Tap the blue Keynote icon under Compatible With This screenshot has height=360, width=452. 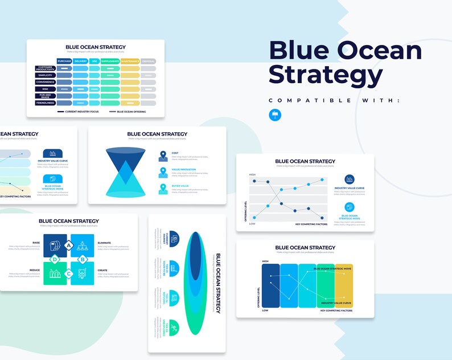pyautogui.click(x=274, y=114)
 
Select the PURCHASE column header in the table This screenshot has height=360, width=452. pyautogui.click(x=64, y=61)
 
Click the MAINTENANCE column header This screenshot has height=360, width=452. pyautogui.click(x=129, y=61)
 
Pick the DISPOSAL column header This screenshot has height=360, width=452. pyautogui.click(x=148, y=61)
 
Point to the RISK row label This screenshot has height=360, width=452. pyautogui.click(x=45, y=89)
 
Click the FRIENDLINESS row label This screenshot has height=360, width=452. pyautogui.click(x=45, y=103)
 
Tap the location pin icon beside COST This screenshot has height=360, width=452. pyautogui.click(x=163, y=156)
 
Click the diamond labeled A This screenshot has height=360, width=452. pyautogui.click(x=69, y=245)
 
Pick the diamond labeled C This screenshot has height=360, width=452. pyautogui.click(x=69, y=274)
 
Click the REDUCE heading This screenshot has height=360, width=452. pyautogui.click(x=35, y=270)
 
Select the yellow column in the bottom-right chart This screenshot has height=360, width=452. pyautogui.click(x=344, y=285)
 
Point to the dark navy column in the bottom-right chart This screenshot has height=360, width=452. pyautogui.click(x=270, y=285)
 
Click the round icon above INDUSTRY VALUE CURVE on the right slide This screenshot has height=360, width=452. pyautogui.click(x=349, y=179)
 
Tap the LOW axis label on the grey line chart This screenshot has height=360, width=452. pyautogui.click(x=252, y=224)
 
